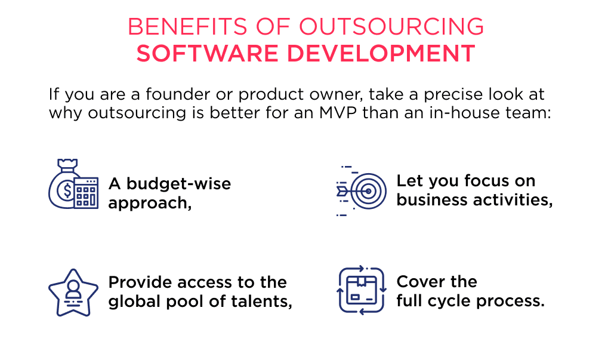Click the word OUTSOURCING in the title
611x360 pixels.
click(391, 27)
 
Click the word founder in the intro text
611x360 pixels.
click(183, 95)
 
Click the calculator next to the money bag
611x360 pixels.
click(87, 192)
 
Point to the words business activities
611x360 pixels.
click(474, 200)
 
